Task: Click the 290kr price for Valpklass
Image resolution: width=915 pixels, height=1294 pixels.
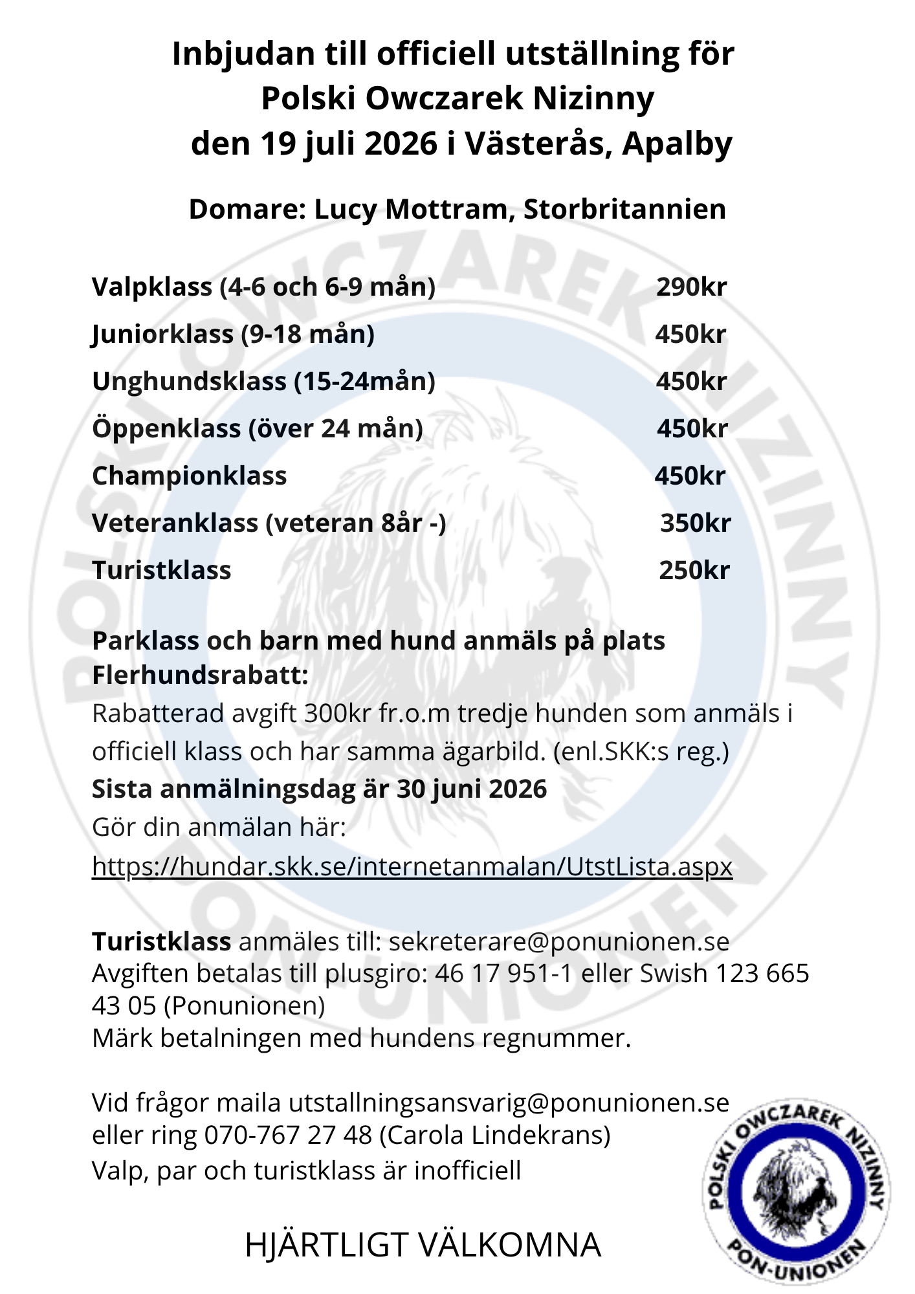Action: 691,287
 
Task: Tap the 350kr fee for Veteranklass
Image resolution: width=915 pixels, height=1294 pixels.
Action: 695,523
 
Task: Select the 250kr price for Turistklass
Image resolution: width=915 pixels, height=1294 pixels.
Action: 694,570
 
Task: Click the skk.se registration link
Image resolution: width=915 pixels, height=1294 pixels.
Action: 412,866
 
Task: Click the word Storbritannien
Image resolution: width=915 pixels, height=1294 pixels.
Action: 624,209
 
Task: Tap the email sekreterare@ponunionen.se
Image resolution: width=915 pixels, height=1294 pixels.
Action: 558,941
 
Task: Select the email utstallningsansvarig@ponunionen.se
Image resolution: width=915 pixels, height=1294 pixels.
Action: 509,1102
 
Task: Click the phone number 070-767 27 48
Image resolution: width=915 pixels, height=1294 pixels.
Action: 288,1135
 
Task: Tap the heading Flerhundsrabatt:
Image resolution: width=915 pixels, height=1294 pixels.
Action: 200,675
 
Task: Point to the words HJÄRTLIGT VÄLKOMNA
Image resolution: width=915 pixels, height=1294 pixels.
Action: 423,1245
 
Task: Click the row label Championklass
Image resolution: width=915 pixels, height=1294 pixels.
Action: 189,476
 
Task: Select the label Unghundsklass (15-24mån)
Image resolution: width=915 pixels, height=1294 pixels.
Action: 263,381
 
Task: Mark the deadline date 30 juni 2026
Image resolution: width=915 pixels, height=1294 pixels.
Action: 472,789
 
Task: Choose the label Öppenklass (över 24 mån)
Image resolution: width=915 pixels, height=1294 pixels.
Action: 258,428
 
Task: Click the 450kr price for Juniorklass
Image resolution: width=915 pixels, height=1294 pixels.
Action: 690,334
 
